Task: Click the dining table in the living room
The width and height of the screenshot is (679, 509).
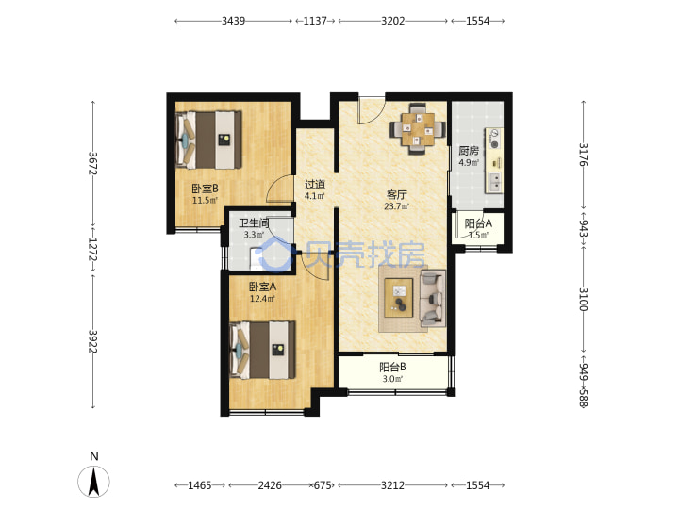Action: pyautogui.click(x=418, y=128)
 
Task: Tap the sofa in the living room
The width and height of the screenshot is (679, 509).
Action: pyautogui.click(x=433, y=298)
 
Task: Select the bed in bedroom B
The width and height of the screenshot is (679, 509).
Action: pyautogui.click(x=208, y=140)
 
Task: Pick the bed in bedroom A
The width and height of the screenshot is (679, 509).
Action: pyautogui.click(x=262, y=350)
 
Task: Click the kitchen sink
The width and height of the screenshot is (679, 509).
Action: pyautogui.click(x=494, y=182)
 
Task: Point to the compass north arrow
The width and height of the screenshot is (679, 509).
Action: pyautogui.click(x=93, y=482)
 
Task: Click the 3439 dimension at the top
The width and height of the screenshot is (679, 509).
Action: pyautogui.click(x=234, y=21)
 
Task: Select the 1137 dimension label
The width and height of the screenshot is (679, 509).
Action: pyautogui.click(x=315, y=21)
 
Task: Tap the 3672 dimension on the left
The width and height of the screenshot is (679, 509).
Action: pyautogui.click(x=92, y=163)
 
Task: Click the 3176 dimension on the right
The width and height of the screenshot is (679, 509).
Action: pyautogui.click(x=584, y=155)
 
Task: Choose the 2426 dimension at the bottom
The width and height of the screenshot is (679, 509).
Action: pyautogui.click(x=270, y=485)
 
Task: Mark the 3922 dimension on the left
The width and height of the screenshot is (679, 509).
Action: pyautogui.click(x=92, y=341)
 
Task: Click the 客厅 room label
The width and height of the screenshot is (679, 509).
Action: pyautogui.click(x=396, y=195)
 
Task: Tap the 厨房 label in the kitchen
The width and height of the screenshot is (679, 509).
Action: pyautogui.click(x=469, y=151)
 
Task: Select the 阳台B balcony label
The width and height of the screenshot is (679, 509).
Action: pyautogui.click(x=392, y=367)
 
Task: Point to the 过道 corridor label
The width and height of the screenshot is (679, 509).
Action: pyautogui.click(x=315, y=184)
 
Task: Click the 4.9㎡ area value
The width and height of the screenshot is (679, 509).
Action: pyautogui.click(x=469, y=163)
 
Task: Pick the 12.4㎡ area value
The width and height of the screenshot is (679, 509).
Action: pyautogui.click(x=262, y=298)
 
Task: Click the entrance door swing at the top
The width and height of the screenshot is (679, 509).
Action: pyautogui.click(x=371, y=110)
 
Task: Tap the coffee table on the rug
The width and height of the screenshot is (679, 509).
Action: pyautogui.click(x=399, y=298)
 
